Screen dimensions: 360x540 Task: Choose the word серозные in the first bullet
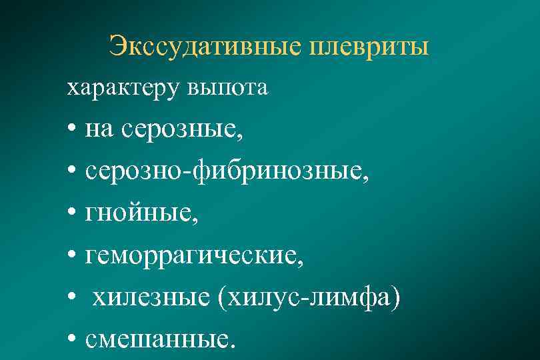coord(176,131)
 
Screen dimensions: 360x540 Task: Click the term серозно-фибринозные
coord(226,172)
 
